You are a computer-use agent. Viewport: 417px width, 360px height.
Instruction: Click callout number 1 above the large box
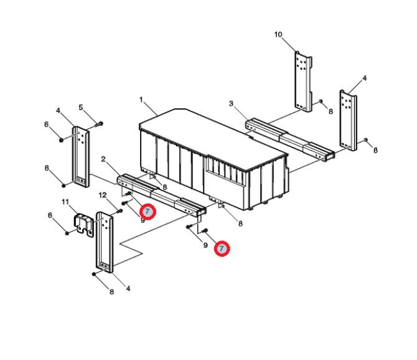pos(141,100)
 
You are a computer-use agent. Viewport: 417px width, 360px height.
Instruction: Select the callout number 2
pos(103,159)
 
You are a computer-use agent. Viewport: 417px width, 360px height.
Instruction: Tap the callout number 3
pos(231,103)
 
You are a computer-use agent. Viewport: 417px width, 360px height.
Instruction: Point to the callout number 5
pos(81,107)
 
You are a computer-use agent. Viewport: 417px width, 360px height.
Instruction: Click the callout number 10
pos(278,35)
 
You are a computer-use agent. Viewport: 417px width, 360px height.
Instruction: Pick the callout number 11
pos(65,202)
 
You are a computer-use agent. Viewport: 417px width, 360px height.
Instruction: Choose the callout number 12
pos(103,196)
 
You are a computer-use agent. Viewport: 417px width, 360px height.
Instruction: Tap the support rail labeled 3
pos(290,139)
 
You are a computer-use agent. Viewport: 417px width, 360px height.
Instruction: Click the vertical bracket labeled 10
pos(303,81)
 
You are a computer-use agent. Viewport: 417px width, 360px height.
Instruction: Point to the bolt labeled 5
pos(99,125)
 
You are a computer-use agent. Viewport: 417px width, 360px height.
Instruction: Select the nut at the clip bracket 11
pos(67,234)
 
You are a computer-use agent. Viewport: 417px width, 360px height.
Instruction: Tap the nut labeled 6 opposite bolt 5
pos(61,140)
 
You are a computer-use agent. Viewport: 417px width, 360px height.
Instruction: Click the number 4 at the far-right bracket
pos(364,78)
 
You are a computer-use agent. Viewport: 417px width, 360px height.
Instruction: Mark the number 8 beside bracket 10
pos(330,111)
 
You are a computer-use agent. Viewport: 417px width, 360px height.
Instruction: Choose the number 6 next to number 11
pos(50,215)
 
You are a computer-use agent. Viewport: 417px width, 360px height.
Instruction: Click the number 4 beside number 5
pos(59,110)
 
